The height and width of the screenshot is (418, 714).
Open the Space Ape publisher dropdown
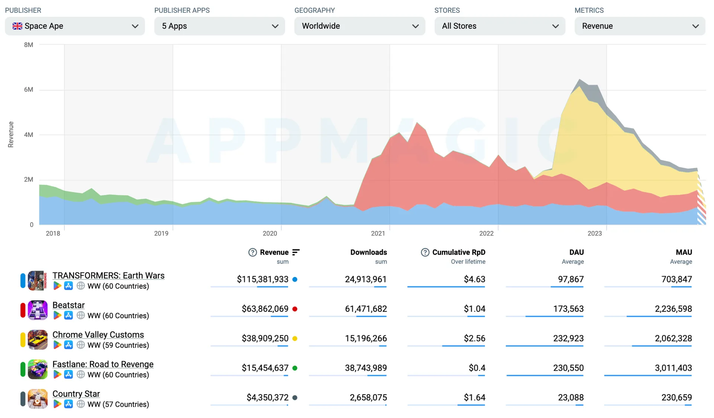[75, 26]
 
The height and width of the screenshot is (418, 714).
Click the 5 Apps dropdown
[219, 26]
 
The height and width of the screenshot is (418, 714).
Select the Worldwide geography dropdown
[360, 26]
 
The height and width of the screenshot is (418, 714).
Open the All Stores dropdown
[500, 26]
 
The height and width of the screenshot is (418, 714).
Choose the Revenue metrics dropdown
[640, 26]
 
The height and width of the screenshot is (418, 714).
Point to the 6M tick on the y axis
[29, 90]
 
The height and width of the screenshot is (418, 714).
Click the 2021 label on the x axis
[378, 233]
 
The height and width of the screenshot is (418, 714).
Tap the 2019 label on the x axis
[161, 233]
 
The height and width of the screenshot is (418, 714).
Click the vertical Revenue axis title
[11, 134]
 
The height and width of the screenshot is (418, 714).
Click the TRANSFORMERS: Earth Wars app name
[108, 275]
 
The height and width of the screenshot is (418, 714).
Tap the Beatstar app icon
[38, 310]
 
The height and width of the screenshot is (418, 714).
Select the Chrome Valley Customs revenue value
[265, 338]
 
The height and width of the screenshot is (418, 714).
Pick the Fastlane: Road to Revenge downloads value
[366, 368]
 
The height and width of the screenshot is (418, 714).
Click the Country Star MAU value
[677, 398]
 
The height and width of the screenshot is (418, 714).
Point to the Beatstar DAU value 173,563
[568, 309]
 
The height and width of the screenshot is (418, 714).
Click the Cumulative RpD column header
[459, 252]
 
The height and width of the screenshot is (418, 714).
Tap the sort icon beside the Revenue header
[296, 252]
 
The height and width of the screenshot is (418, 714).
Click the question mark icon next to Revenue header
[253, 252]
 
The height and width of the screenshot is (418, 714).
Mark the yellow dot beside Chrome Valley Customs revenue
[295, 339]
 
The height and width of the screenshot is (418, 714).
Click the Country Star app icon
[38, 399]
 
